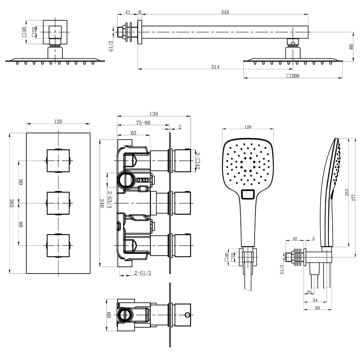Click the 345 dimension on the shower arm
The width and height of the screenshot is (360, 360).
coord(225,12)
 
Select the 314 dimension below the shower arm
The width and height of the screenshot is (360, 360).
coord(215,67)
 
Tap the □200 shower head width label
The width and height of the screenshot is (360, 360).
coord(293,76)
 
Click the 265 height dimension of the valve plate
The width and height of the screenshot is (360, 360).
coord(12,203)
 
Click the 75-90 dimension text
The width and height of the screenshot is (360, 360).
coord(143,123)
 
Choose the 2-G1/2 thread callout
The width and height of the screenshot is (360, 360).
coord(143,273)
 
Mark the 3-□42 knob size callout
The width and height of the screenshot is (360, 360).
coord(198,161)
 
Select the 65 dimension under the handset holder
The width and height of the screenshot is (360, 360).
coord(317,308)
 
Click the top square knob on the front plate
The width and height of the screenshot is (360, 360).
coord(58,161)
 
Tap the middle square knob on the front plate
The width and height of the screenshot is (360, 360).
coord(58,203)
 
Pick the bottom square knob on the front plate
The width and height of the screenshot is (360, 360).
coord(58,246)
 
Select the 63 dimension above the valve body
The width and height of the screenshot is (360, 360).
coord(133,133)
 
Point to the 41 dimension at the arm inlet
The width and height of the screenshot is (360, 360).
coord(127,12)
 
